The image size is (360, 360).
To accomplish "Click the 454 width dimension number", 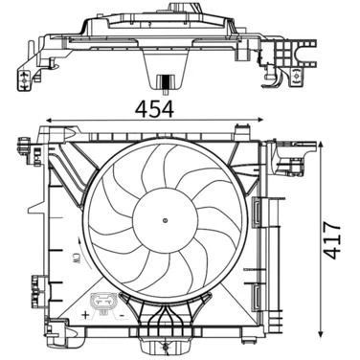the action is coord(154,109).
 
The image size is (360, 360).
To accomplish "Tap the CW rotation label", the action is coord(76,258).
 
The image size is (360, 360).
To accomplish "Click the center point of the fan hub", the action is coord(165,220).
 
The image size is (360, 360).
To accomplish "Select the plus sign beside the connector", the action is coord(85,316).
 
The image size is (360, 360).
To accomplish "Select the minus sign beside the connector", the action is coord(122,315).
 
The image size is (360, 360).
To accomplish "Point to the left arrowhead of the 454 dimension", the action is coord(49,121).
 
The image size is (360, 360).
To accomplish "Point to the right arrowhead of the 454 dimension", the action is coord(260,120).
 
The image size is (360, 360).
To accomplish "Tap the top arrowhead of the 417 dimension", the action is coord(320,145).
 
